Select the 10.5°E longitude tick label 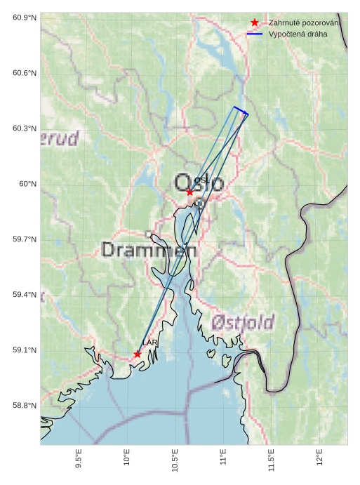tap(175, 461)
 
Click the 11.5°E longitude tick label tap(272, 461)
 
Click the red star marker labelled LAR tap(138, 354)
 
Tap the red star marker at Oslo tap(189, 192)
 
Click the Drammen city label tap(149, 249)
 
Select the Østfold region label tap(243, 323)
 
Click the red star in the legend tap(255, 23)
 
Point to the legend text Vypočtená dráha tap(298, 34)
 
